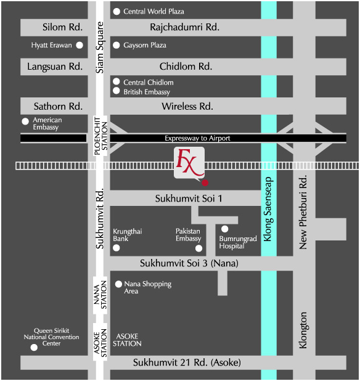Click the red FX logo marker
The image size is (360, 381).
coord(189,163)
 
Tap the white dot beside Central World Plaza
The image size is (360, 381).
coord(117,12)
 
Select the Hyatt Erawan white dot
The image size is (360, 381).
coord(80,45)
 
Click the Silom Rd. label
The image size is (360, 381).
coord(62,27)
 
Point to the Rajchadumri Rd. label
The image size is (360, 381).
coord(184,27)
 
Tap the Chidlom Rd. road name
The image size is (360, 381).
coord(186,67)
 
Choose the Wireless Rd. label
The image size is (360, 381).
coord(187,106)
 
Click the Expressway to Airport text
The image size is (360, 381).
coord(197,138)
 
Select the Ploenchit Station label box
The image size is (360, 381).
coord(100,136)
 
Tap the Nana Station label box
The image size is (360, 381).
coord(100,295)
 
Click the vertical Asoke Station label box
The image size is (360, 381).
coord(100,342)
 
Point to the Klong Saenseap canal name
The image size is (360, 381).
coord(268,209)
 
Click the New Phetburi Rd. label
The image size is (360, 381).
coord(303,212)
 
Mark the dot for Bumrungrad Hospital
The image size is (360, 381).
coord(225,229)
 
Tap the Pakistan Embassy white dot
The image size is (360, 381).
coord(198,248)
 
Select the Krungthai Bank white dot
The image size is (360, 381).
coord(117,248)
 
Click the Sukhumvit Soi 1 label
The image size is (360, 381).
coord(189,199)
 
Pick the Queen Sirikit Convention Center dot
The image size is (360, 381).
coord(34,348)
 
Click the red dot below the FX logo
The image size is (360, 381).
coord(205,182)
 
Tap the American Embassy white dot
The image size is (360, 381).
coord(25,121)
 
